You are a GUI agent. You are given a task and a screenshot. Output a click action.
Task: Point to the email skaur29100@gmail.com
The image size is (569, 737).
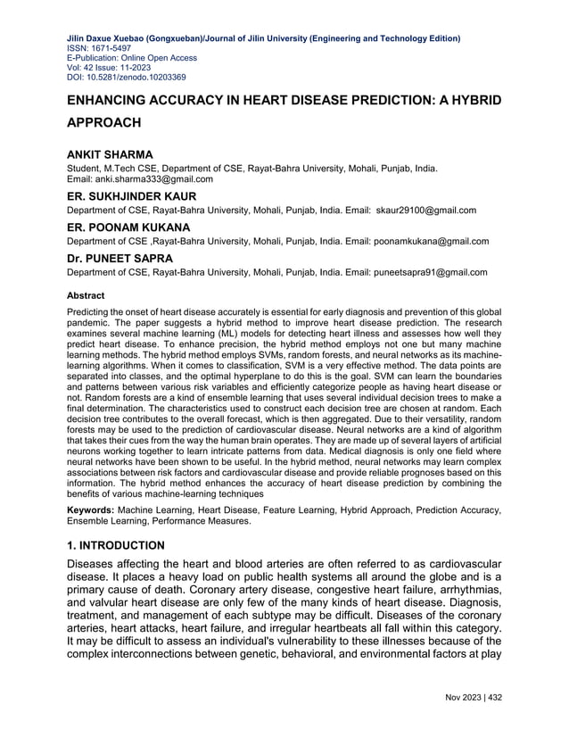coord(425,210)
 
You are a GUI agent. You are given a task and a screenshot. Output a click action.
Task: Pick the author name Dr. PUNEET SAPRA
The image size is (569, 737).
coord(125,258)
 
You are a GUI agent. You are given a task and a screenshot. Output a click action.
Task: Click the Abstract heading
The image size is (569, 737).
coord(87,294)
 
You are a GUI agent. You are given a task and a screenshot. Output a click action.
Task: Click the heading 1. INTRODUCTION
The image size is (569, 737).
coord(116,544)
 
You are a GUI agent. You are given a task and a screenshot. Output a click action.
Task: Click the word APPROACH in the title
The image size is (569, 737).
coord(104,121)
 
